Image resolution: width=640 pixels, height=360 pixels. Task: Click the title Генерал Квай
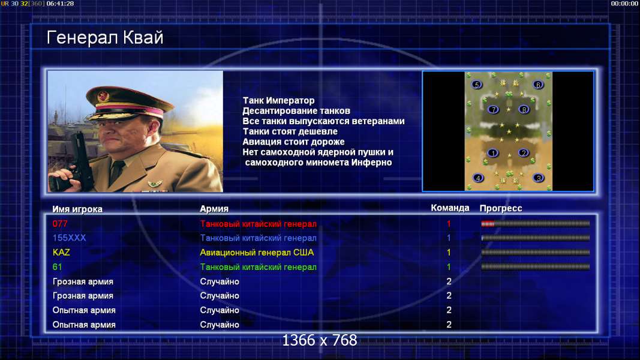(x=105, y=38)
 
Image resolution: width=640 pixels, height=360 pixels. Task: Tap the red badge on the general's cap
(x=103, y=96)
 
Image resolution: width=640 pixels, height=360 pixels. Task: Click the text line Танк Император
(x=279, y=100)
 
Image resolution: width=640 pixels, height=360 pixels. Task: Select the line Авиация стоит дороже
(x=293, y=142)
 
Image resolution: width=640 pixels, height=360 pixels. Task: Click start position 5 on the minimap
(x=477, y=85)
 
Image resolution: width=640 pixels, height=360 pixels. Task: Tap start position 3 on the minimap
(x=539, y=178)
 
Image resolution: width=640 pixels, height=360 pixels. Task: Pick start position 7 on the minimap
(x=494, y=109)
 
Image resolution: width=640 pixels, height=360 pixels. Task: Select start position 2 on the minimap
(x=523, y=153)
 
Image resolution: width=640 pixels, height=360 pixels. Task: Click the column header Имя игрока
(x=77, y=209)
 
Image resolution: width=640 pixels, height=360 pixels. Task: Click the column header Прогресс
(x=501, y=208)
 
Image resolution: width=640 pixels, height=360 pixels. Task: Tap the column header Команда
(x=450, y=208)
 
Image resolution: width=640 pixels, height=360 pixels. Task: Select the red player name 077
(x=60, y=224)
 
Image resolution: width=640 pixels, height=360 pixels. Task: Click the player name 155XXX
(x=70, y=238)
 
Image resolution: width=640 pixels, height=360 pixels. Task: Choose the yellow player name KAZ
(x=61, y=252)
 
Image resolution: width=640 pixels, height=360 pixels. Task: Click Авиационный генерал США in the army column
(x=257, y=252)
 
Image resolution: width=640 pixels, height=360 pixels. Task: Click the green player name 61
(x=57, y=267)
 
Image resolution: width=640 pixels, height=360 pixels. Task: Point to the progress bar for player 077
(x=536, y=224)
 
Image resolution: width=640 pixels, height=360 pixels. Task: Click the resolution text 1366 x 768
(x=320, y=340)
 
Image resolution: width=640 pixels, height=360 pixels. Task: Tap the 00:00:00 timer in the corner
(x=624, y=4)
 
